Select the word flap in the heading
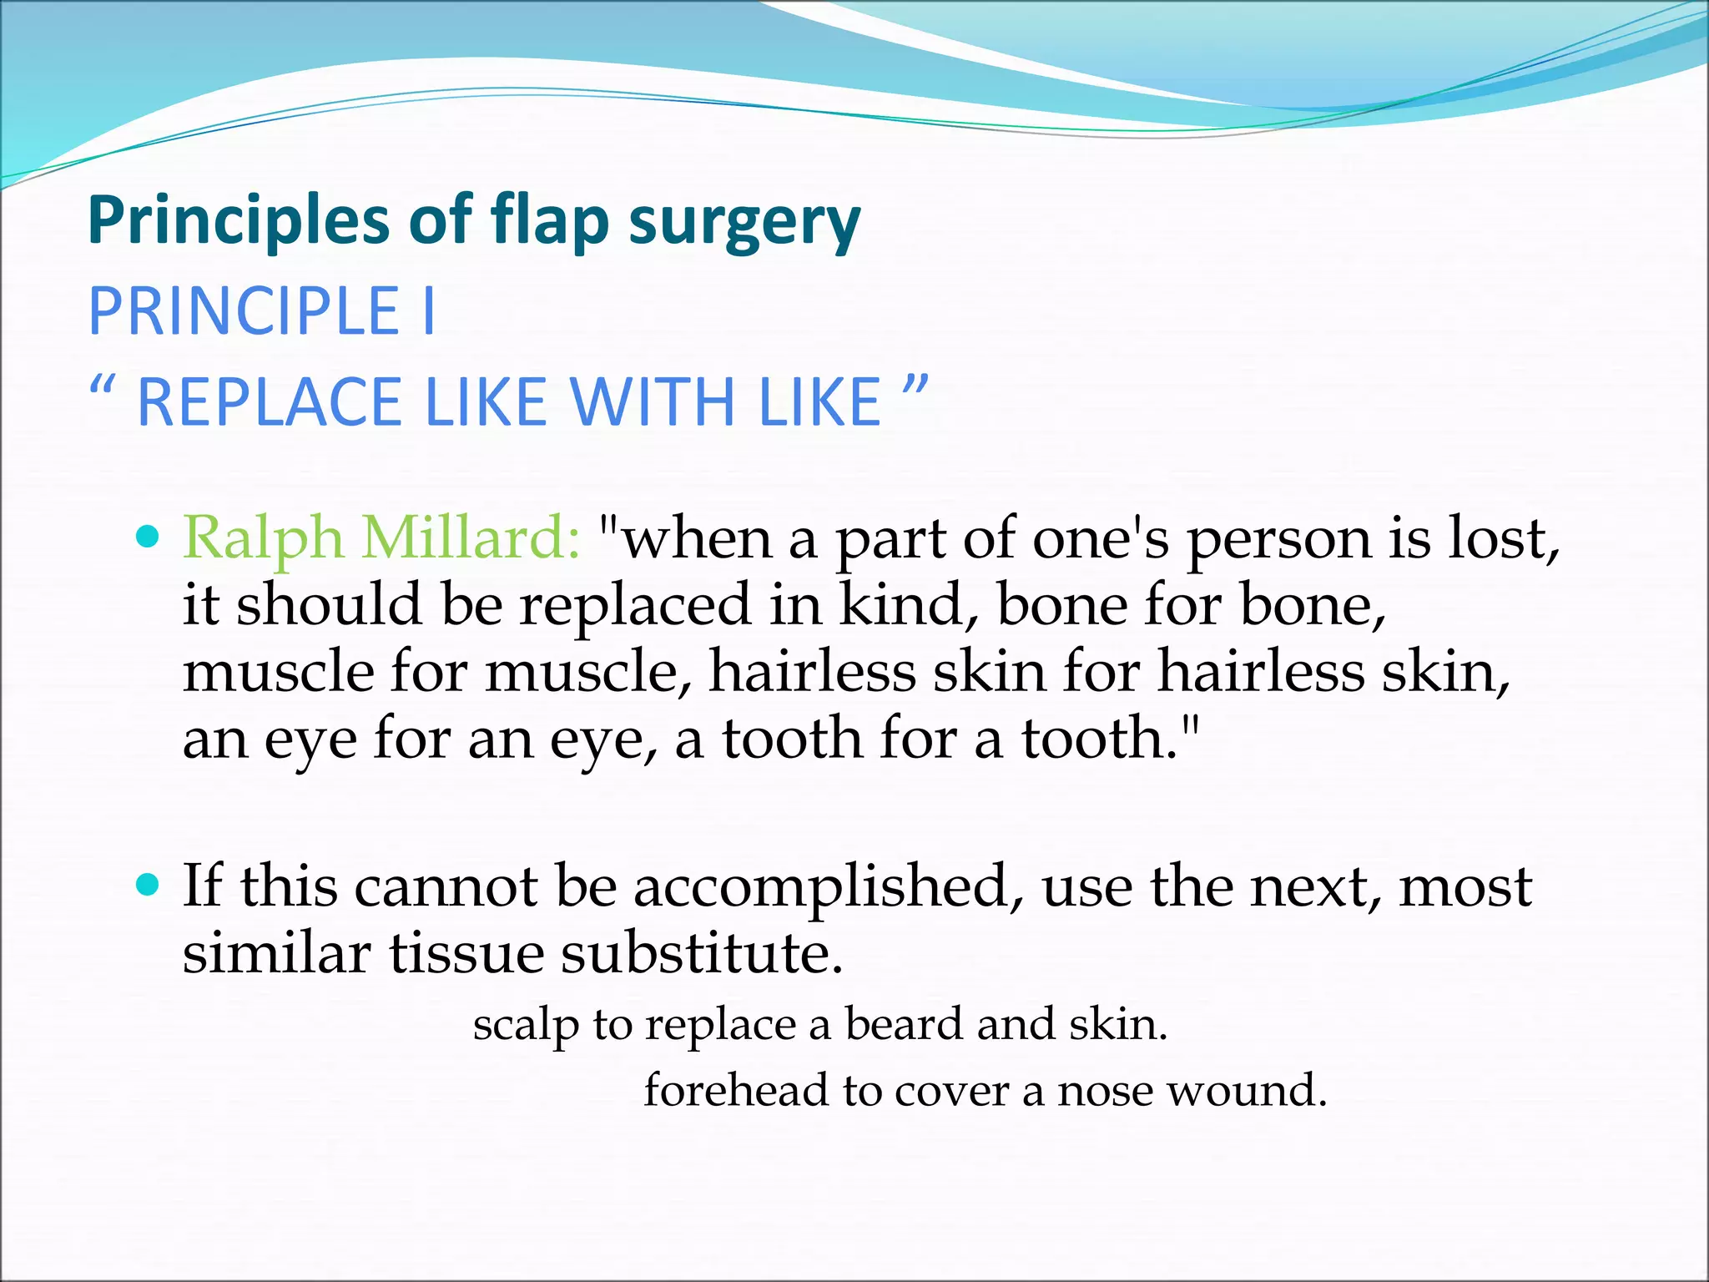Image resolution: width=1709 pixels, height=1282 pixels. click(x=549, y=222)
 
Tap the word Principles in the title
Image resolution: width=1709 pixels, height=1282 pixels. click(x=239, y=220)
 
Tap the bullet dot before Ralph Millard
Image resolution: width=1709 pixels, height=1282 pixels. click(x=147, y=536)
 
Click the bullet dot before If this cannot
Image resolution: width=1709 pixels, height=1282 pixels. click(x=147, y=884)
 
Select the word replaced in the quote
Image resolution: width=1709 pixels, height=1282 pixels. click(x=635, y=605)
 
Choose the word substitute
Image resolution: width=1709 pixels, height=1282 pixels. click(x=699, y=953)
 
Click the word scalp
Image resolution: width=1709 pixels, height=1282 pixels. click(x=526, y=1026)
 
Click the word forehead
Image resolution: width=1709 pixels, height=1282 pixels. click(x=734, y=1091)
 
